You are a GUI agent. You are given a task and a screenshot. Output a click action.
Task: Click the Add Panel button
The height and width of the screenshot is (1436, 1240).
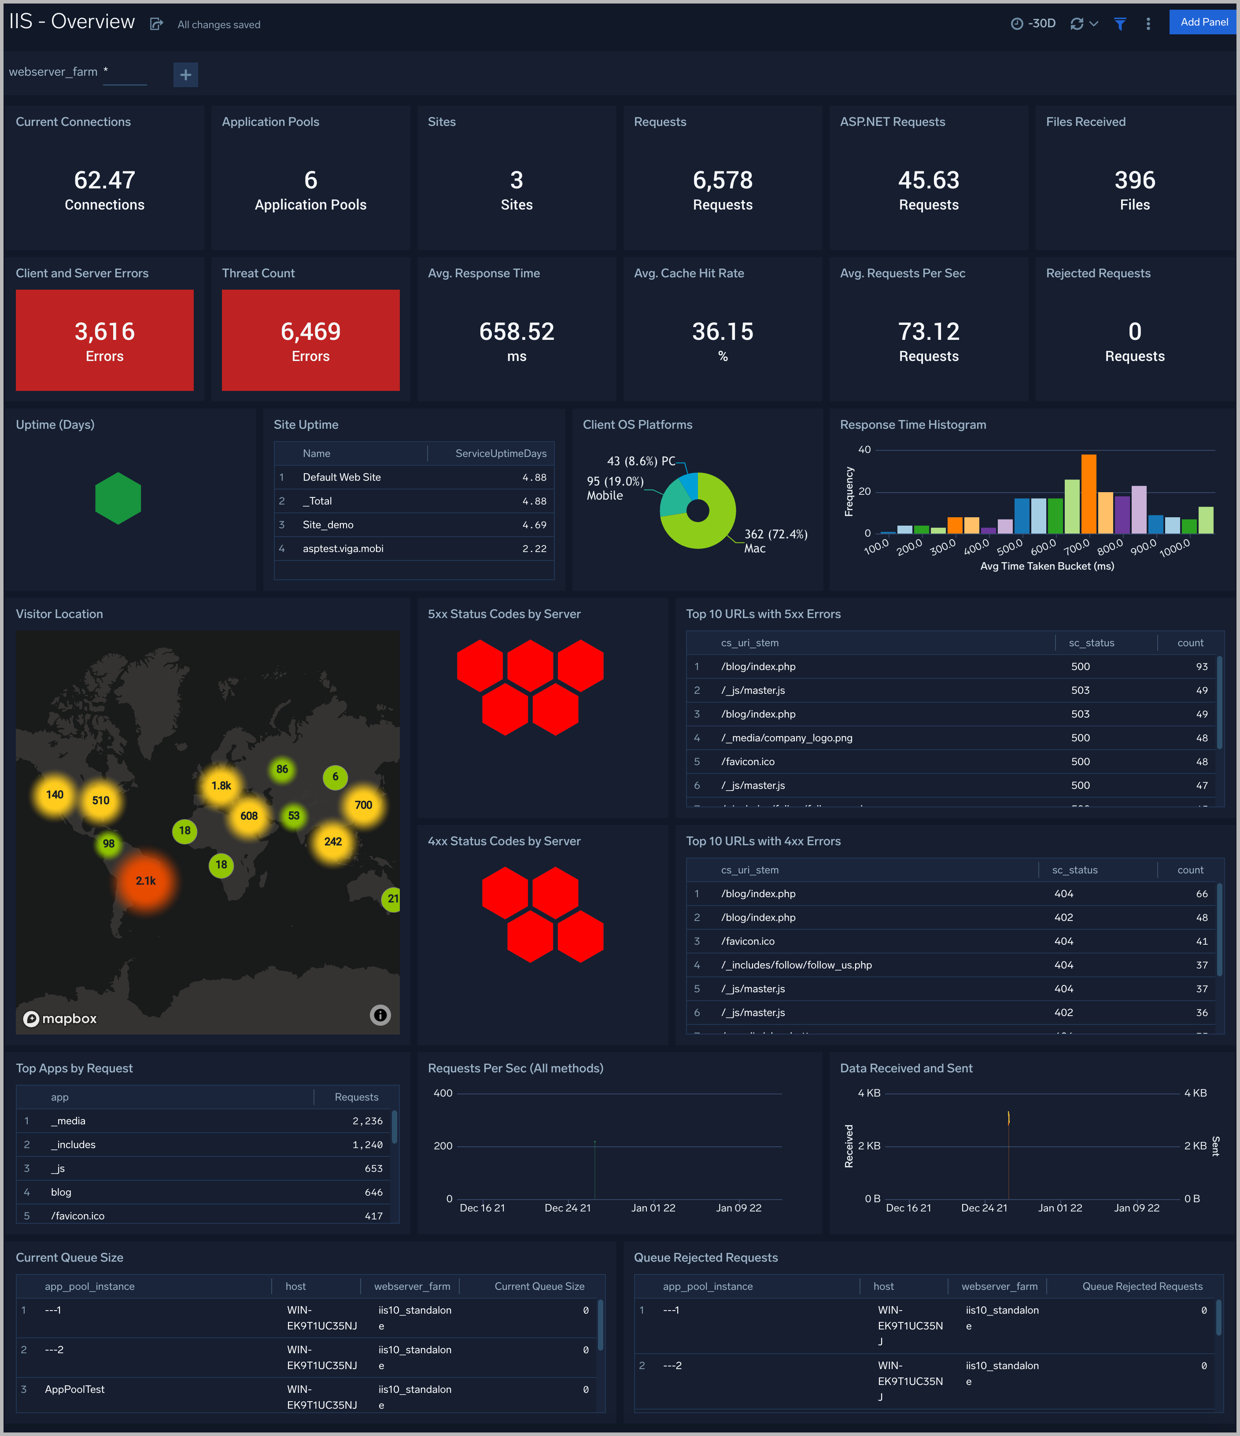[1203, 22]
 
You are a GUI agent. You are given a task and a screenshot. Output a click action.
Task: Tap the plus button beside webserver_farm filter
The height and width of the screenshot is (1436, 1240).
[185, 74]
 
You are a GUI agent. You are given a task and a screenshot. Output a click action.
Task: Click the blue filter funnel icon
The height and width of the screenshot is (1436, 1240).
[1119, 24]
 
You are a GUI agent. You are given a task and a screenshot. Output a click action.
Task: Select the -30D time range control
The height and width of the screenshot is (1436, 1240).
[1033, 24]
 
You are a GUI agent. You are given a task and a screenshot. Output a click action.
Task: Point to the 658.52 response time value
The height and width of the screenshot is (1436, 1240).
[517, 332]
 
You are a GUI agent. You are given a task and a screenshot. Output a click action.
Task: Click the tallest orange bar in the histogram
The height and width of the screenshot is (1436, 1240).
[1088, 493]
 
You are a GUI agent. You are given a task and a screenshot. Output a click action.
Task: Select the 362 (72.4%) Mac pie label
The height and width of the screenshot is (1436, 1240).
[775, 541]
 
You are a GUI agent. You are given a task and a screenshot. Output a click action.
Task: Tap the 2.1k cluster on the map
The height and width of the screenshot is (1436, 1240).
[146, 881]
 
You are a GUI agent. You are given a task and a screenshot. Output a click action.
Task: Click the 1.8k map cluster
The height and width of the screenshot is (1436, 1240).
[221, 785]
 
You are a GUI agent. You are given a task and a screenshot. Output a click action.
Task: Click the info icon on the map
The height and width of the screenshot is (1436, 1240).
[380, 1015]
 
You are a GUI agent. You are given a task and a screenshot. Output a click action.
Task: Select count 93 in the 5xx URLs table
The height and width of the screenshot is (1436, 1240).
[1201, 666]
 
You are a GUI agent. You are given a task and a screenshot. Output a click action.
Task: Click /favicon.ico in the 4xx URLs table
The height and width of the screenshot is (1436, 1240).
[748, 941]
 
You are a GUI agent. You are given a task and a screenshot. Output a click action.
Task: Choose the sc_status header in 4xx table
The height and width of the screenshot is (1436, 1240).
[1074, 870]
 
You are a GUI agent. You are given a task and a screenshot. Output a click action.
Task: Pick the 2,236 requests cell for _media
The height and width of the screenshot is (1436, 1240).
[367, 1121]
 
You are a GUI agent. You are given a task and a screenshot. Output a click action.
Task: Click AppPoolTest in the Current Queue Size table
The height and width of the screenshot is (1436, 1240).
[75, 1389]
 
